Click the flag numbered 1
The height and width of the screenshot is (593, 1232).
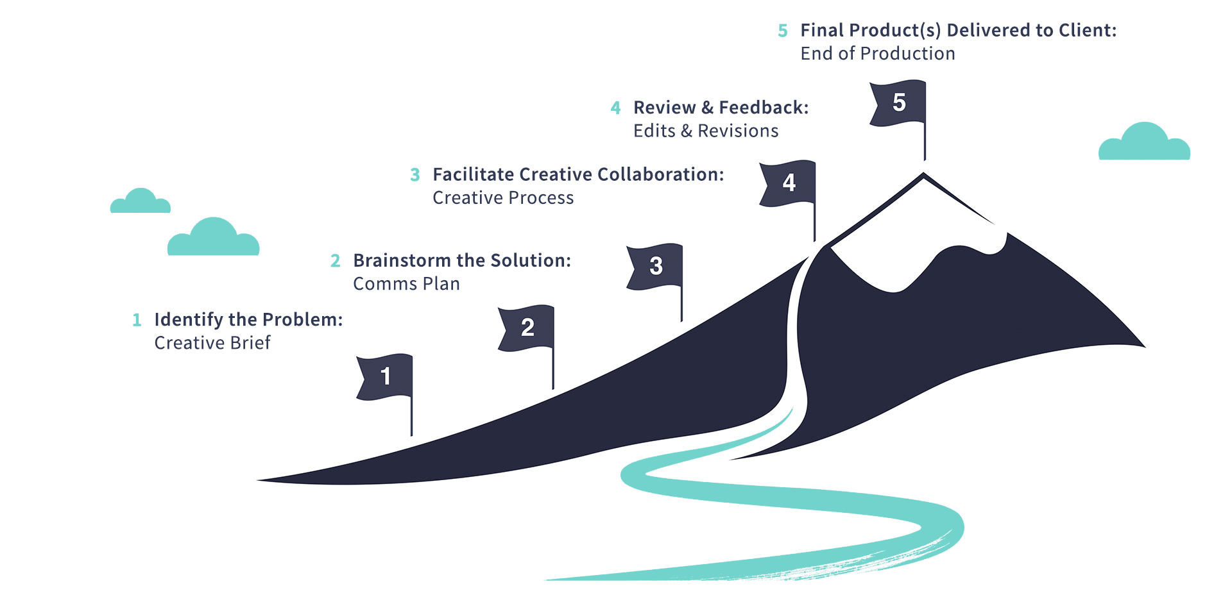click(385, 377)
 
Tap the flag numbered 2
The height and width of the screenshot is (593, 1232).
click(527, 328)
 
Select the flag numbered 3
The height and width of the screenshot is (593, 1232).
click(655, 266)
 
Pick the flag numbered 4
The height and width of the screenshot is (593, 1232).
click(789, 183)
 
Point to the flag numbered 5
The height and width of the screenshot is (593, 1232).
click(898, 103)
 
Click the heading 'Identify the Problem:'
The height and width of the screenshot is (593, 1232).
click(248, 319)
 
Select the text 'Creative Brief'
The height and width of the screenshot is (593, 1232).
click(212, 343)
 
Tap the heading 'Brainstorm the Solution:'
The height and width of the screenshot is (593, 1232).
click(462, 260)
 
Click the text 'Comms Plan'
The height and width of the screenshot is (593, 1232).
click(406, 284)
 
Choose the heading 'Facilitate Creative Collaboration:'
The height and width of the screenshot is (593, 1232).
click(578, 174)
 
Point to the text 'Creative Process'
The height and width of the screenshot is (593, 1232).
click(503, 198)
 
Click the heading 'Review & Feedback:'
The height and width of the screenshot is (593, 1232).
click(721, 108)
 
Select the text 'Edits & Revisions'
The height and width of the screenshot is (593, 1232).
click(706, 131)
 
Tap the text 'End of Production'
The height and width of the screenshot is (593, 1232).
click(877, 54)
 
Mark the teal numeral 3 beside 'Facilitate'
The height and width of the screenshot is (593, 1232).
click(415, 175)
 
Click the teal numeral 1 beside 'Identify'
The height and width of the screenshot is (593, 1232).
click(137, 320)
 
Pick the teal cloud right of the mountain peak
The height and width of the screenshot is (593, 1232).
click(1144, 144)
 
